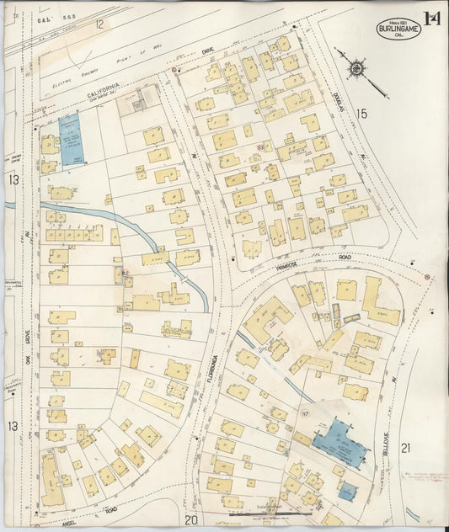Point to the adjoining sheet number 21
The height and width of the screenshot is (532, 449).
(x=405, y=448)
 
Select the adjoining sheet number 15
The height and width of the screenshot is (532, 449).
(x=362, y=113)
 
